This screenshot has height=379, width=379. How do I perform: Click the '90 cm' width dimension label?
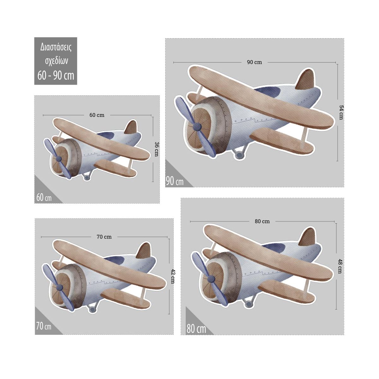pyautogui.click(x=254, y=62)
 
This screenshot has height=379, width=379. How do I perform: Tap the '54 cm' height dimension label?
pyautogui.click(x=341, y=112)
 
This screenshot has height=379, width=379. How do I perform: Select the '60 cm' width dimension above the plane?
pyautogui.click(x=97, y=115)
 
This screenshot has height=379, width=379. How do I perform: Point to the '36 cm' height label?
pyautogui.click(x=156, y=149)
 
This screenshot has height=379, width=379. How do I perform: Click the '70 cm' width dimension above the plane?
pyautogui.click(x=104, y=237)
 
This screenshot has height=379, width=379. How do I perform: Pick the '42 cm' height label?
pyautogui.click(x=173, y=276)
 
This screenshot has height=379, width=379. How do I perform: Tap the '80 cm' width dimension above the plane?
pyautogui.click(x=262, y=221)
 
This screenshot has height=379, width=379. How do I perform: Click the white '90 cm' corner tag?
pyautogui.click(x=175, y=181)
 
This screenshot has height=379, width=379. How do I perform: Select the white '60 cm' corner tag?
pyautogui.click(x=44, y=197)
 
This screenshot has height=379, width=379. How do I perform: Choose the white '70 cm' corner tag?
pyautogui.click(x=44, y=326)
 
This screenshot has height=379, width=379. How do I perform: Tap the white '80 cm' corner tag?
pyautogui.click(x=196, y=329)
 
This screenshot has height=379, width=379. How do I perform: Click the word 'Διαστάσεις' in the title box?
pyautogui.click(x=56, y=47)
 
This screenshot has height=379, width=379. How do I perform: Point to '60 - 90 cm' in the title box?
pyautogui.click(x=56, y=75)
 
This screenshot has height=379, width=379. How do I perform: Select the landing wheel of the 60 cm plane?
pyautogui.click(x=87, y=178)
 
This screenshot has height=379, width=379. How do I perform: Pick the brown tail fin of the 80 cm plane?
pyautogui.click(x=308, y=237)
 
